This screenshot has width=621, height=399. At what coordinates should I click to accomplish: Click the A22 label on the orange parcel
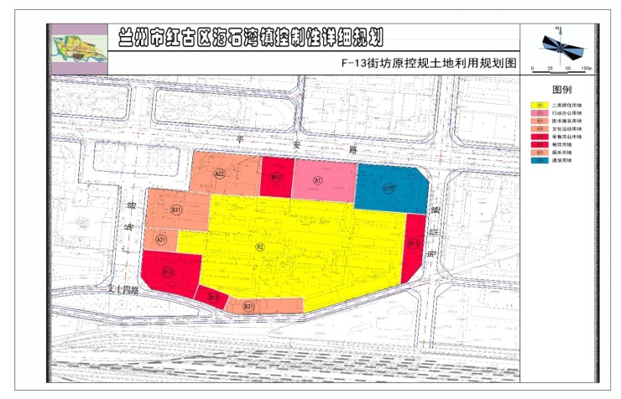tap(220, 174)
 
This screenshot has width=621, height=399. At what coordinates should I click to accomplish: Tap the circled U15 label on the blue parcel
tap(389, 189)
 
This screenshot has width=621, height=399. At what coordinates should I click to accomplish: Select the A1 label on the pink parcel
tap(318, 180)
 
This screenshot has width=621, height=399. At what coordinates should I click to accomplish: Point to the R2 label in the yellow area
tap(260, 246)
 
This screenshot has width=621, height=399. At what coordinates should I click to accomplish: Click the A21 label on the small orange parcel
tap(161, 239)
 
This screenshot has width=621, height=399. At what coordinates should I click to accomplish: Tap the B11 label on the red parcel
tap(275, 178)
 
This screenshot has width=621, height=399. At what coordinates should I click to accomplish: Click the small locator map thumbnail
tap(78, 50)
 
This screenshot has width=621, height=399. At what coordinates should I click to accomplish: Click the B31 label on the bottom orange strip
tap(248, 307)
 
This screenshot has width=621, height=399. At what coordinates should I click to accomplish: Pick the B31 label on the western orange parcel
tap(176, 209)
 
